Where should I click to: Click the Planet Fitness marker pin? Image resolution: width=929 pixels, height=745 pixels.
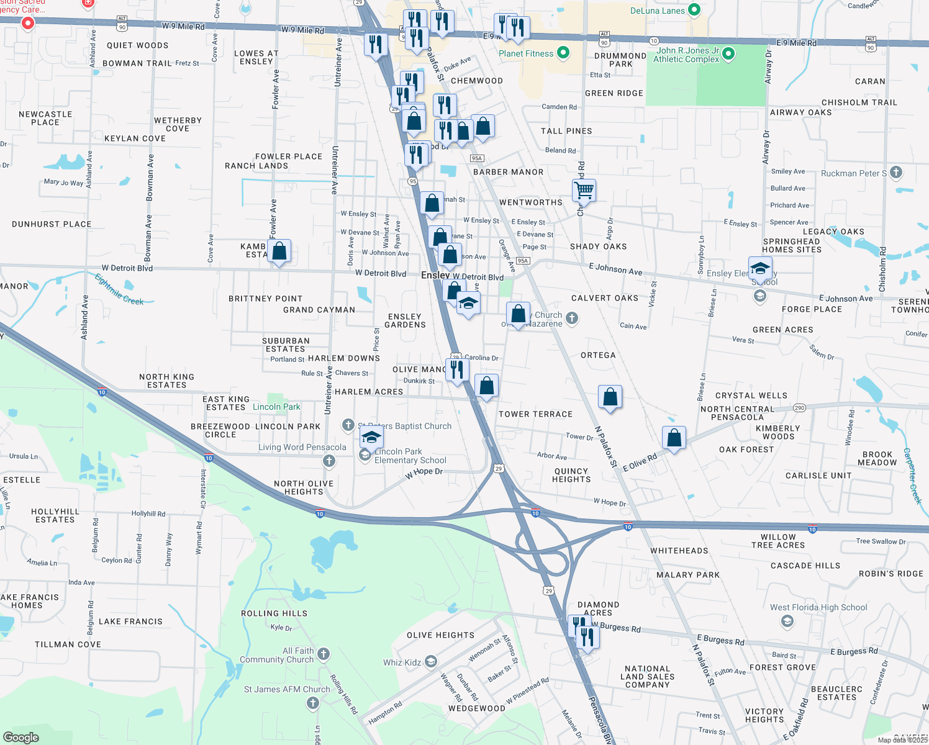pos(563,53)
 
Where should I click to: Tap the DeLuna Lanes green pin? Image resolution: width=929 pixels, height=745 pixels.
pos(694,10)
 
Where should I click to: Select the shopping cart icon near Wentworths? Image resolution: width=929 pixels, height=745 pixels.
pos(584,190)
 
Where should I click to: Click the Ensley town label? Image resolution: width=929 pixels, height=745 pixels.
pos(435,275)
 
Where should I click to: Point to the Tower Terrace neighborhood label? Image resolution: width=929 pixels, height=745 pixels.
pos(535,414)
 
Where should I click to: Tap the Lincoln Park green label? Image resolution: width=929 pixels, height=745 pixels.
pos(276,407)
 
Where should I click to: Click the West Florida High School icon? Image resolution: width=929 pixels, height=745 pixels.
pos(787,621)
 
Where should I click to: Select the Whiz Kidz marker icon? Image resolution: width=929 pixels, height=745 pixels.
pos(431,662)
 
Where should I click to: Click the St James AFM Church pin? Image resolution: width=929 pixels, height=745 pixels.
pos(312,703)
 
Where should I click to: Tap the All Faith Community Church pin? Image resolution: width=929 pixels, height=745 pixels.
pos(324,654)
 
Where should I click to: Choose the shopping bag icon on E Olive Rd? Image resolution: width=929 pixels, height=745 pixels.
pos(674,438)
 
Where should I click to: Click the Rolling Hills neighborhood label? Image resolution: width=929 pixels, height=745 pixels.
pos(274,613)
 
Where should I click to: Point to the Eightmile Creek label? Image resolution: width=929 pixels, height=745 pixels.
pos(119,289)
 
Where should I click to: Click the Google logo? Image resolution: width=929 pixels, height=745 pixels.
pos(20,737)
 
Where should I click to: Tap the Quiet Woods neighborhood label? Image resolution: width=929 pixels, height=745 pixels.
pos(137,45)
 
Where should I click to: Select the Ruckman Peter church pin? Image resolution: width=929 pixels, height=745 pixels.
pos(895,172)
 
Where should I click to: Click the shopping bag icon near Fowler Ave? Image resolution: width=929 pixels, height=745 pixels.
pos(279,251)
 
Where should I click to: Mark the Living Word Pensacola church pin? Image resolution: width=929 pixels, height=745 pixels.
pos(329,461)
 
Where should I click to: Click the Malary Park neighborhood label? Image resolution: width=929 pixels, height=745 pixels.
pos(688,575)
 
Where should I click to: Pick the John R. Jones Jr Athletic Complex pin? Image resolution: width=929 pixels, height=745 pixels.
pos(728,54)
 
